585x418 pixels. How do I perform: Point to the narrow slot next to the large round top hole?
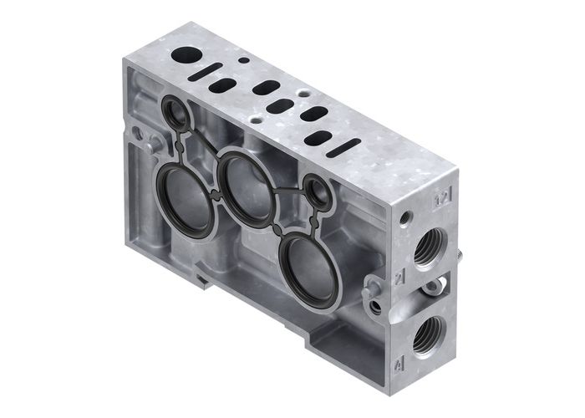pyautogui.click(x=211, y=69)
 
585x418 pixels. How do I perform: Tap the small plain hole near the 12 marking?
pyautogui.click(x=405, y=220)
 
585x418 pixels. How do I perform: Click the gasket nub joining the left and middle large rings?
pyautogui.click(x=216, y=194)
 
